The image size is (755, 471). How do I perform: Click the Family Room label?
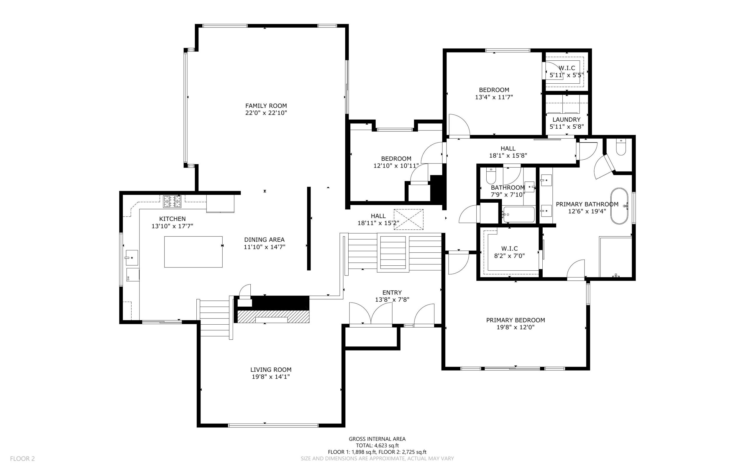pyautogui.click(x=266, y=106)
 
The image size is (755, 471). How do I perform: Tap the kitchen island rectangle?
pyautogui.click(x=193, y=252)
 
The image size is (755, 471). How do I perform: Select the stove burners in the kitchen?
pyautogui.click(x=172, y=201)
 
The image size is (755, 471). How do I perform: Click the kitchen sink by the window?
pyautogui.click(x=132, y=258)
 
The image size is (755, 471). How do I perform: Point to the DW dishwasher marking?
pyautogui.click(x=128, y=278)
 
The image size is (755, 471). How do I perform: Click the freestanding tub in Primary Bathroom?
pyautogui.click(x=619, y=206)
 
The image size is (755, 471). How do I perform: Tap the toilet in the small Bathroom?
pyautogui.click(x=491, y=176)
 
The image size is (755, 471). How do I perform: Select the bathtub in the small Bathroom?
pyautogui.click(x=518, y=214)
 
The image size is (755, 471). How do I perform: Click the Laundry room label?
pyautogui.click(x=566, y=120)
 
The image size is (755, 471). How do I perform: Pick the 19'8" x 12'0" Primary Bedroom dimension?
pyautogui.click(x=516, y=327)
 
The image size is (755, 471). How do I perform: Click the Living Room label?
pyautogui.click(x=271, y=370)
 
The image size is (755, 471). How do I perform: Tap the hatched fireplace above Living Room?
pyautogui.click(x=273, y=316)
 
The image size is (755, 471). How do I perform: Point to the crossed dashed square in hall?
pyautogui.click(x=408, y=220)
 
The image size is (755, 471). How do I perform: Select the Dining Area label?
pyautogui.click(x=264, y=240)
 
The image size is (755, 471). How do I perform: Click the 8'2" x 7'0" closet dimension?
pyautogui.click(x=510, y=256)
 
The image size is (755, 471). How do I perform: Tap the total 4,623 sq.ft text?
pyautogui.click(x=377, y=445)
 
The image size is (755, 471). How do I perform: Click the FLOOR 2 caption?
pyautogui.click(x=22, y=459)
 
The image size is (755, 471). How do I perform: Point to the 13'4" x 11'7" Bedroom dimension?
pyautogui.click(x=494, y=97)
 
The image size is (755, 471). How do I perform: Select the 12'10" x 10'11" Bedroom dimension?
pyautogui.click(x=396, y=166)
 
